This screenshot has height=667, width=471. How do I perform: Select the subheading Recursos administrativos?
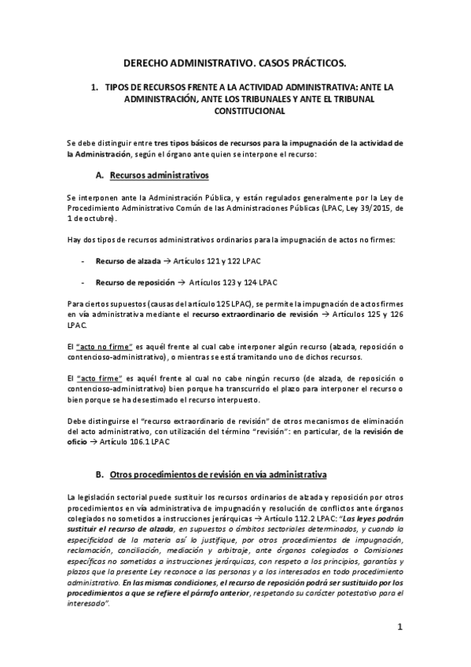tap(159, 174)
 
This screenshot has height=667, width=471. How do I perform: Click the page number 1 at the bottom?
tap(400, 627)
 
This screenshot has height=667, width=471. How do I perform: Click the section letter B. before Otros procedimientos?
tap(99, 475)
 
